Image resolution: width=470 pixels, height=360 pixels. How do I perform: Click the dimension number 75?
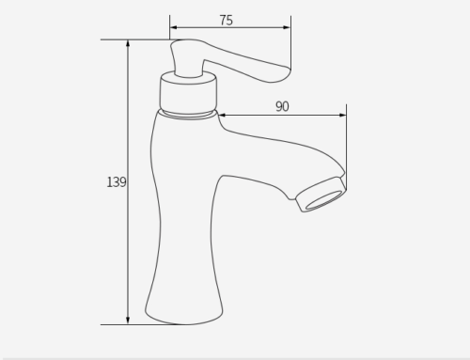click(x=226, y=21)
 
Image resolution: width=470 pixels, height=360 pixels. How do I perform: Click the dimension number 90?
click(x=282, y=106)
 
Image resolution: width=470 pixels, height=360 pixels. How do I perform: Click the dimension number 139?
click(x=117, y=182)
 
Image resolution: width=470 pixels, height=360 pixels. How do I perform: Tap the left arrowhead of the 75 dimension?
click(x=173, y=27)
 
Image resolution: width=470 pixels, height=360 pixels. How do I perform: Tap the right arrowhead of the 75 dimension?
click(x=287, y=27)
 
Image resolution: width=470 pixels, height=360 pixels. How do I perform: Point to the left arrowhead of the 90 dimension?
click(x=222, y=116)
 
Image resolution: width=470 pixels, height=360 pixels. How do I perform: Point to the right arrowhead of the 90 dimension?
click(x=342, y=116)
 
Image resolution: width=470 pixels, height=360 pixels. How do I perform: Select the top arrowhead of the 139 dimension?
click(x=128, y=43)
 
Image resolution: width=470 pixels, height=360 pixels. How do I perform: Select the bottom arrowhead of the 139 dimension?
click(x=128, y=321)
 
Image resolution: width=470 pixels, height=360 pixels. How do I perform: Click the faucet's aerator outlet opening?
click(x=324, y=200)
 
